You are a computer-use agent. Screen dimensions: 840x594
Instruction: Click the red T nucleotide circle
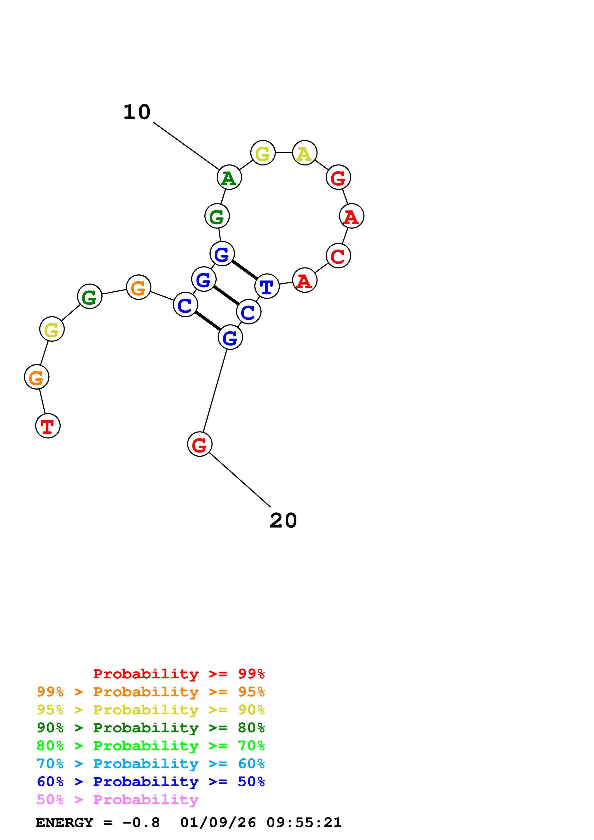click(x=48, y=426)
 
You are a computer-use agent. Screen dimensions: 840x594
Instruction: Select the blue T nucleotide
click(x=267, y=286)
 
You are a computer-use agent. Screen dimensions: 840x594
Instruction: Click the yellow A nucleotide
click(x=305, y=153)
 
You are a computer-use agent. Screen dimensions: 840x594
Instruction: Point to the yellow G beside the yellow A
click(x=263, y=153)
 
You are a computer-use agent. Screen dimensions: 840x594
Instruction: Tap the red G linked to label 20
click(x=199, y=444)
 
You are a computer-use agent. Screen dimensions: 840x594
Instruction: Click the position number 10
click(x=137, y=112)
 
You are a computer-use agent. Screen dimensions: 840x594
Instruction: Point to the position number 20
click(x=283, y=520)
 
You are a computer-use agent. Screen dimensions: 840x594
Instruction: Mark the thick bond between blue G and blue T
click(x=244, y=270)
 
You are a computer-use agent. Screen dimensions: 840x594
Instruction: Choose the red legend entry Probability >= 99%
click(x=179, y=674)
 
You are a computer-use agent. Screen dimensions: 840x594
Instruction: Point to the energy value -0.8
click(x=141, y=823)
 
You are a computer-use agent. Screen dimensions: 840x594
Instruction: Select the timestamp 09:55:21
click(x=304, y=823)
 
